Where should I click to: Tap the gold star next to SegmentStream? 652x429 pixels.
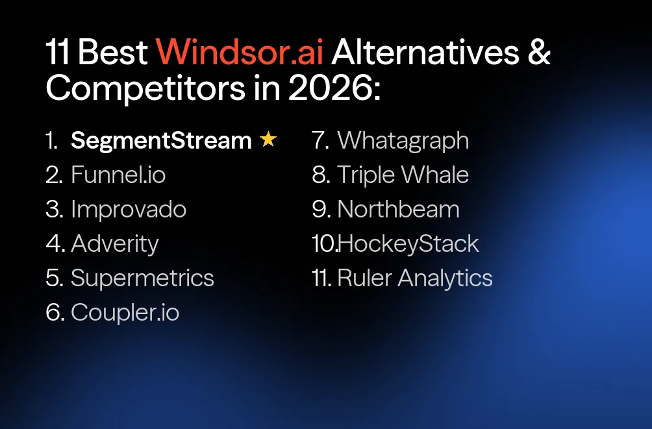pos(268,140)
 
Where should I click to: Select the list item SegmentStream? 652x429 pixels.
pos(160,140)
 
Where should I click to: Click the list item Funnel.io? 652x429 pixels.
pos(118,175)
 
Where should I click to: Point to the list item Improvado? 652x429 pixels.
pos(129,209)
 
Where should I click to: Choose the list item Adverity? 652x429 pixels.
pos(115,243)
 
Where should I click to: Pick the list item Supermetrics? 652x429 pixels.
pos(142,278)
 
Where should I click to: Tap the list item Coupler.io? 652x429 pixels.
pos(125,312)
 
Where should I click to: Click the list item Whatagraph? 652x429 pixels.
pos(403,140)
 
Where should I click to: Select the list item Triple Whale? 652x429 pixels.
pos(403,175)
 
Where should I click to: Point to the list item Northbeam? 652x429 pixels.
pos(398,209)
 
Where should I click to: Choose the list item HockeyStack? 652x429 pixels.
pos(408,243)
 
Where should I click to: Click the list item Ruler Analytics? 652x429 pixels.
pos(415,278)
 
